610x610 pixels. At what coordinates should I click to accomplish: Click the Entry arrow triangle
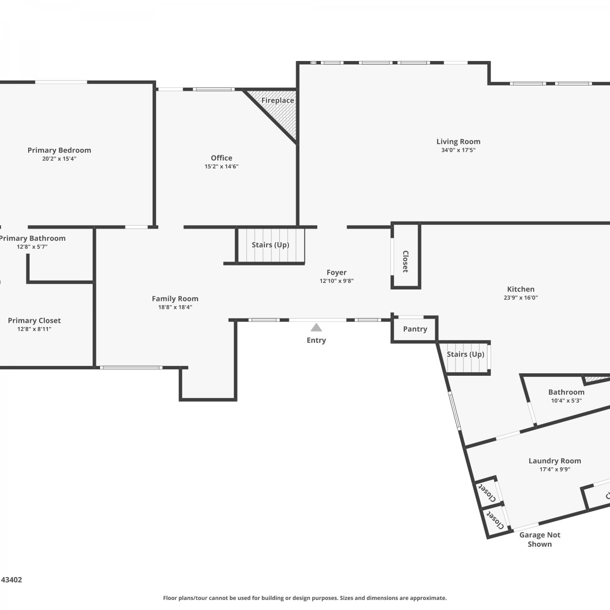coord(316,328)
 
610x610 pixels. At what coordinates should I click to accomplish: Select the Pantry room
coord(414,329)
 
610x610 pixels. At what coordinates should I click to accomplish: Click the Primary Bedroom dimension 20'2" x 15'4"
coord(59,159)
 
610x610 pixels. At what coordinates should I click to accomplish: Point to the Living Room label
coord(458,142)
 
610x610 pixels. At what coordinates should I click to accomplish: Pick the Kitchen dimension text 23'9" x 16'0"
coord(521,297)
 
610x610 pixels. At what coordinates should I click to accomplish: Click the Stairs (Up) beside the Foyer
coord(270,245)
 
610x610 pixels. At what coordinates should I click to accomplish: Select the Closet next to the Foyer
coord(405,256)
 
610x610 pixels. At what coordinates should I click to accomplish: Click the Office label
coord(222,158)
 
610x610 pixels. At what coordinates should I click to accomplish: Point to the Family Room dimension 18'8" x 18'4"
coord(175,307)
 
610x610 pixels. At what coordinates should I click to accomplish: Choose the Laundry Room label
coord(555,461)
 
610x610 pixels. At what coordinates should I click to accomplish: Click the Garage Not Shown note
coord(540,540)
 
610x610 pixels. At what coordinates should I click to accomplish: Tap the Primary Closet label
coord(34,320)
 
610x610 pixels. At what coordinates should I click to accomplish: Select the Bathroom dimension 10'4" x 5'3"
coord(566,401)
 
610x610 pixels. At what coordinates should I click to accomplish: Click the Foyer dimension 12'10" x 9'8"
coord(337,281)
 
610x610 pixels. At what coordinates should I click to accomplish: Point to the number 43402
coord(11,580)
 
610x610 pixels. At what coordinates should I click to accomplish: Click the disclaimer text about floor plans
coord(305,598)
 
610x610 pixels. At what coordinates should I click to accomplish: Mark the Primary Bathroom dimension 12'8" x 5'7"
coord(32,246)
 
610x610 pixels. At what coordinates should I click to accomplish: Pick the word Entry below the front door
coord(316,340)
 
